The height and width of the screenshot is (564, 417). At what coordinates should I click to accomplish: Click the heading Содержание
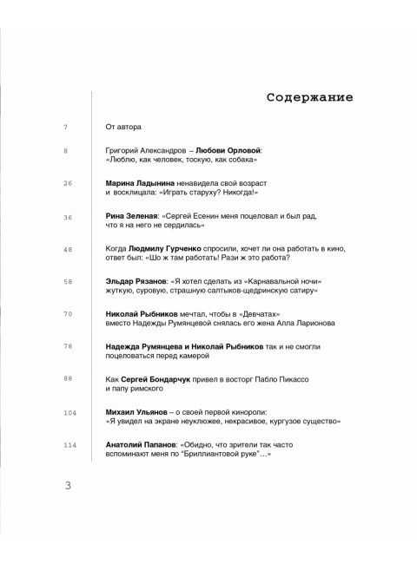[309, 96]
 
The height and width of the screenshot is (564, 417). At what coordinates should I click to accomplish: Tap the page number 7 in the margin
[66, 128]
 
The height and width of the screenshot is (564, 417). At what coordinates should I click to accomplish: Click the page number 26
[68, 183]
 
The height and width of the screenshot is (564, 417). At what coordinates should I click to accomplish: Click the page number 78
[68, 346]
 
